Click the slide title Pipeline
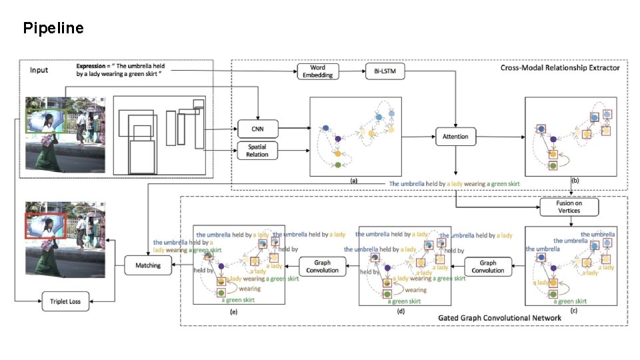53,28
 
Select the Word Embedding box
317,71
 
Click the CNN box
257,128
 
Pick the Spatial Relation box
257,150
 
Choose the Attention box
455,137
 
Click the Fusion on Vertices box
569,207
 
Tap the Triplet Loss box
65,301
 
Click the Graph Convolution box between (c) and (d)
488,266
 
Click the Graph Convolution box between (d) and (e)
323,266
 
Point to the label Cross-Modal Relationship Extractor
560,67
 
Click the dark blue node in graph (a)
325,128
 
